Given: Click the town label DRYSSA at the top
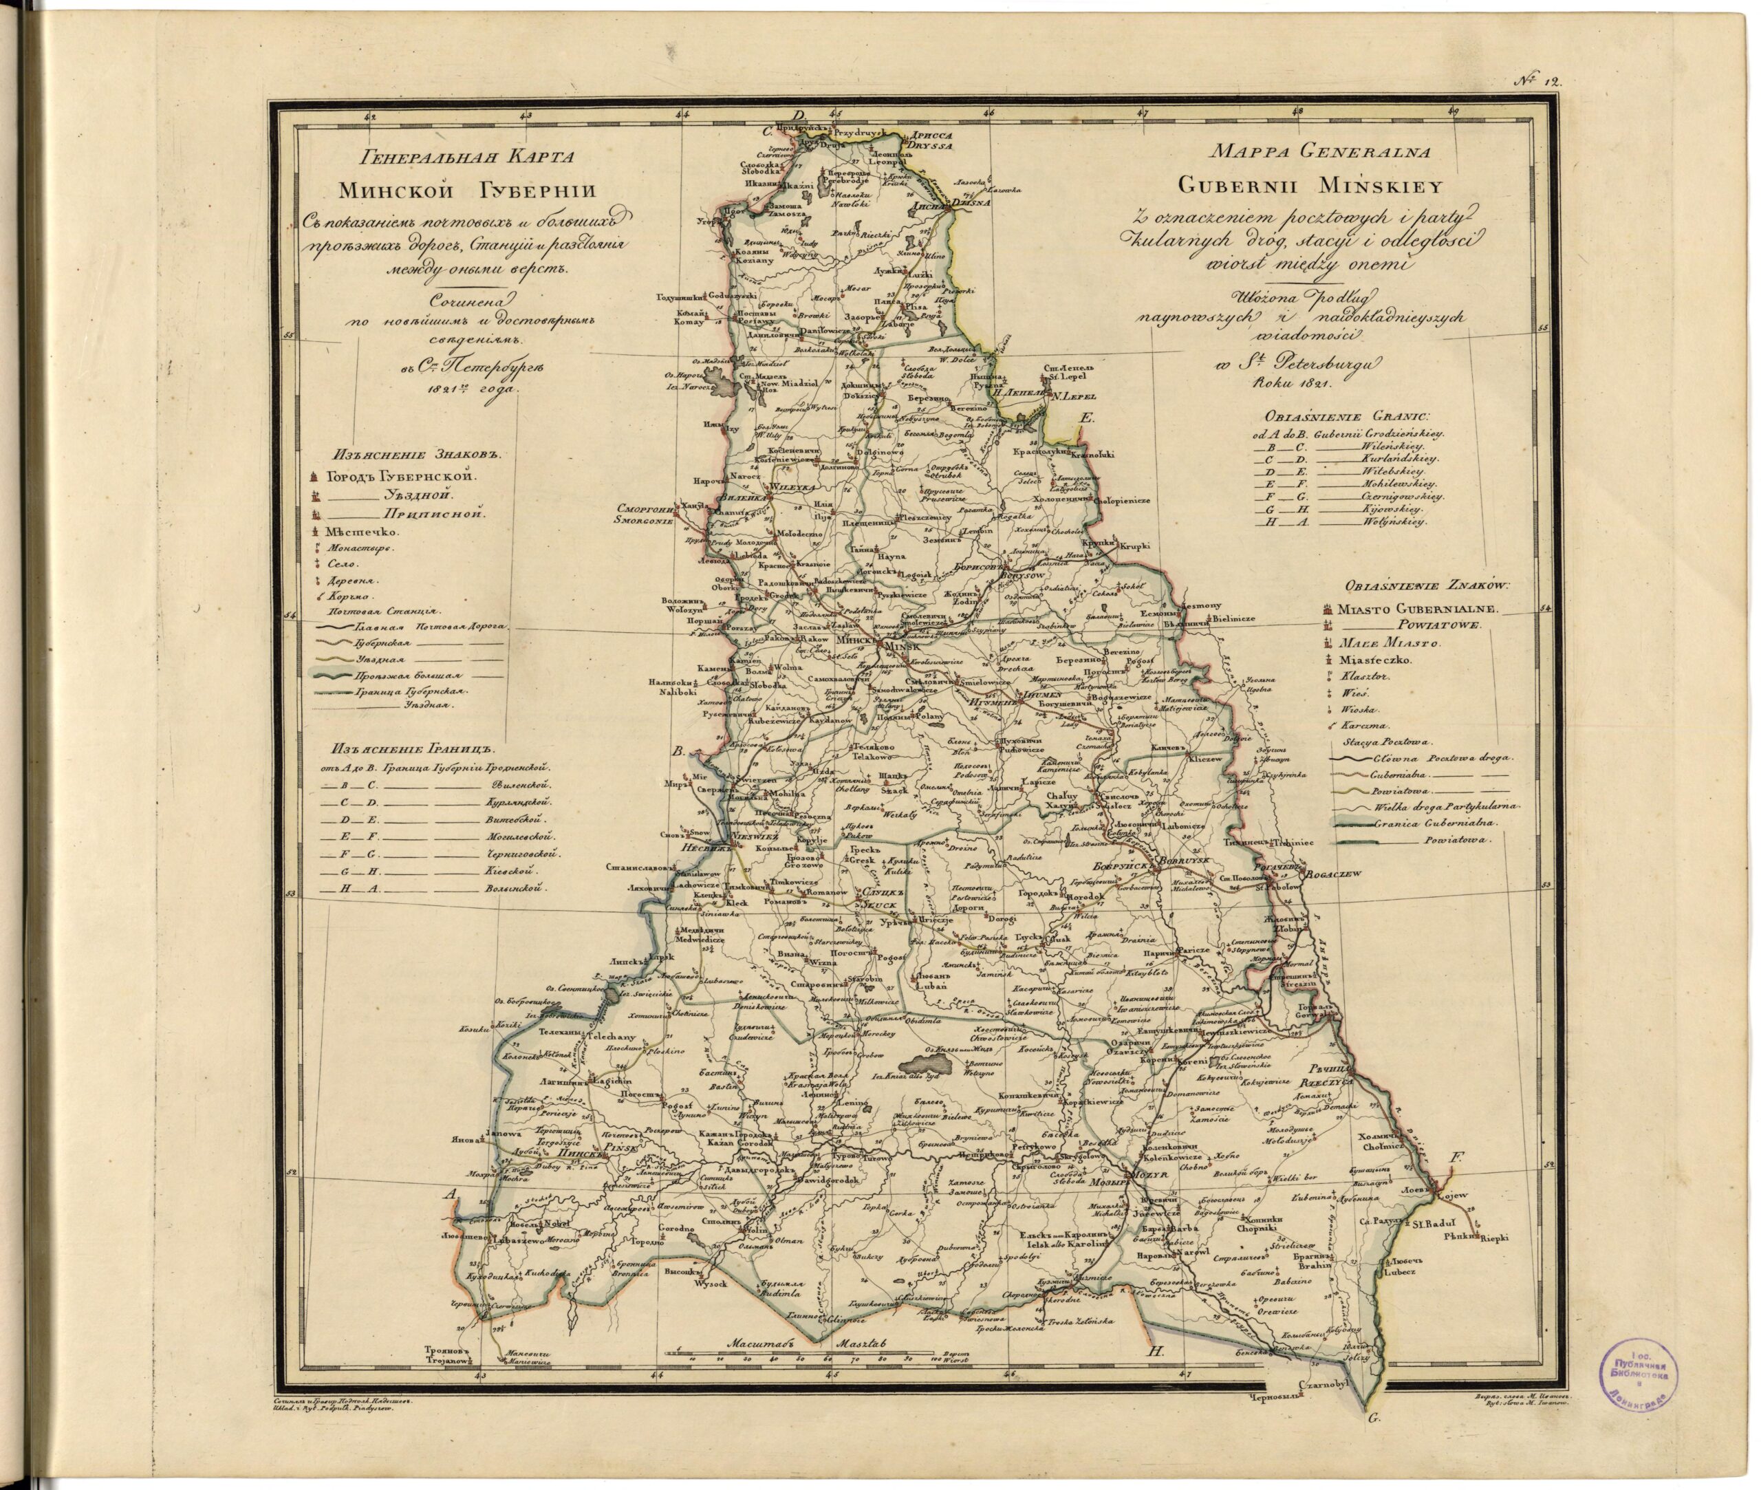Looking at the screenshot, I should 930,145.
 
